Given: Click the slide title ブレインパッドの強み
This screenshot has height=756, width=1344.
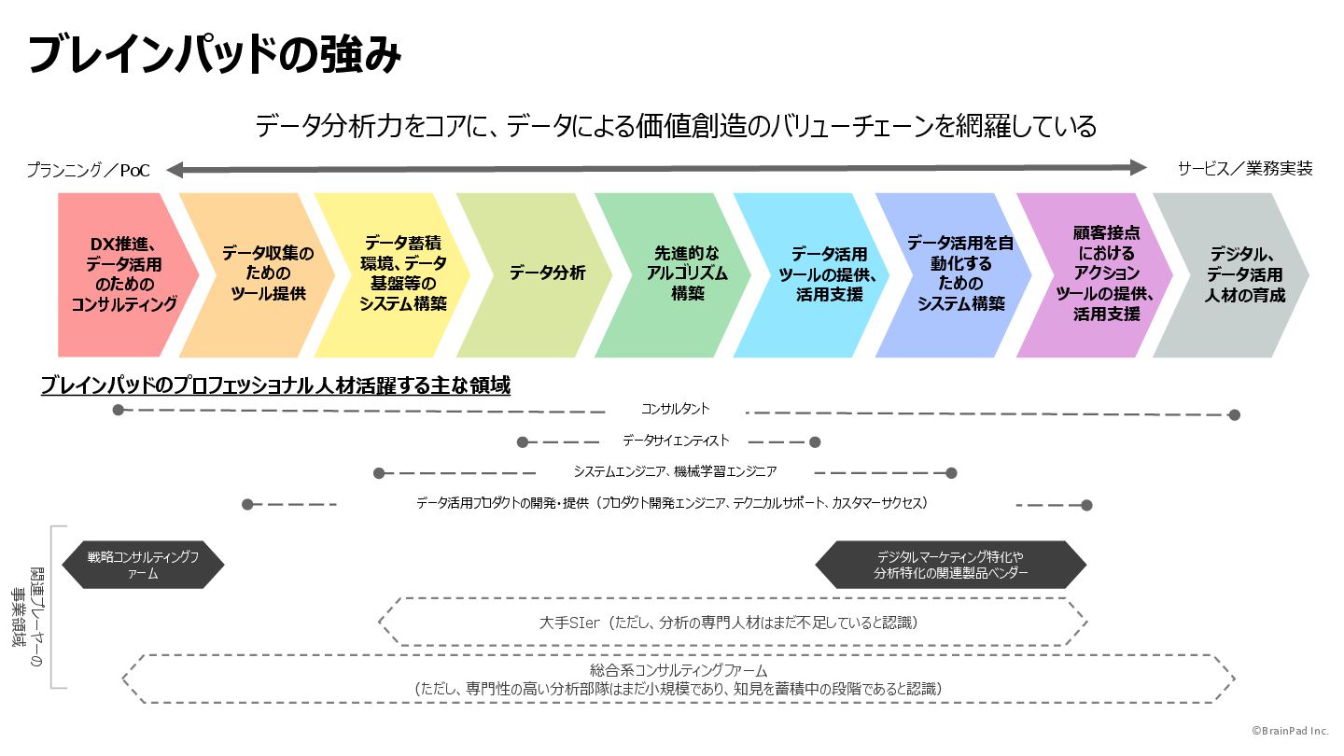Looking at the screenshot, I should [x=215, y=55].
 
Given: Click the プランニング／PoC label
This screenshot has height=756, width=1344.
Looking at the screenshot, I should [x=88, y=171].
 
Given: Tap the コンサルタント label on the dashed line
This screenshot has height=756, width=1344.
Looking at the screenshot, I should [x=675, y=410].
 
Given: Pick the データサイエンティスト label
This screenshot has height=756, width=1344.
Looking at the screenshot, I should [x=676, y=441].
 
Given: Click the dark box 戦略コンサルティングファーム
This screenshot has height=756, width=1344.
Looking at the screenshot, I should [x=143, y=566].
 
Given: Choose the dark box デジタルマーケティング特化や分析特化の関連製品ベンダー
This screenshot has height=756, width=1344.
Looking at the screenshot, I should [x=950, y=566].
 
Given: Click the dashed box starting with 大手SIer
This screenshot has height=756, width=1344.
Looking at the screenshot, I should [x=733, y=623].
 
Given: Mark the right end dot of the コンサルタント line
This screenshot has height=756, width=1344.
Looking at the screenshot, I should [x=1234, y=414].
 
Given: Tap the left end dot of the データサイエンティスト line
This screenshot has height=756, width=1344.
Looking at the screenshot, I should [x=523, y=441].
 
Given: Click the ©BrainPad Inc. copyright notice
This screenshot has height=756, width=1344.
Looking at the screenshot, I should [x=1290, y=731].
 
